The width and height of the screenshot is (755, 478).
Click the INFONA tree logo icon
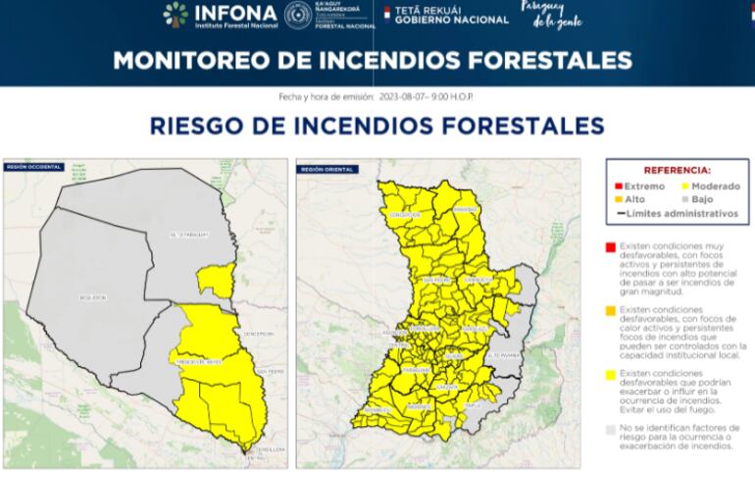176,14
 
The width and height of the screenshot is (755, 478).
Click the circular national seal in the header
298,14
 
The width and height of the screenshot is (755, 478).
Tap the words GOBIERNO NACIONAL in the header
440,18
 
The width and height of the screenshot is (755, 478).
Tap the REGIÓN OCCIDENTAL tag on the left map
33,167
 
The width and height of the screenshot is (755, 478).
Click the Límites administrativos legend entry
676,212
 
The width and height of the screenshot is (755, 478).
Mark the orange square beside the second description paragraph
611,311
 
